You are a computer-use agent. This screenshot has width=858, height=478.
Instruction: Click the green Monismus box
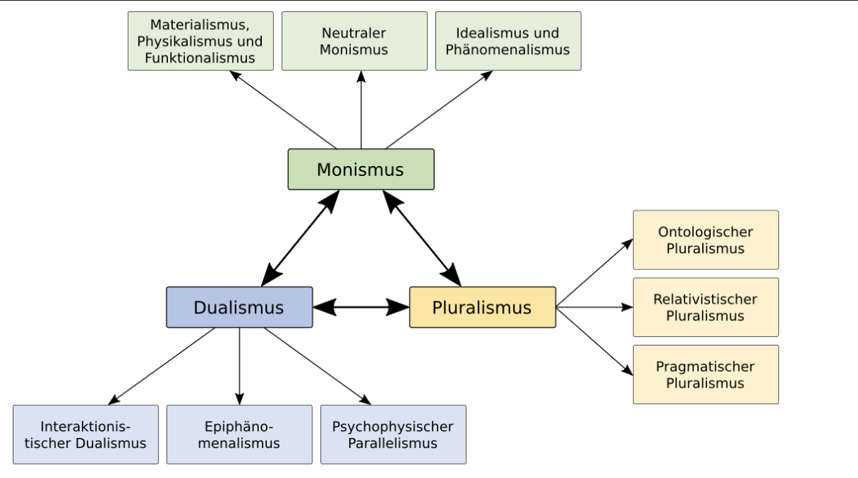361,170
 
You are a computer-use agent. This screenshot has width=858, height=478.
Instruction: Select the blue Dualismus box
239,307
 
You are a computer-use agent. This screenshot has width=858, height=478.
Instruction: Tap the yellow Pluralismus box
482,307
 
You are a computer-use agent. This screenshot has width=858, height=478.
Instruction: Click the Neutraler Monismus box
354,41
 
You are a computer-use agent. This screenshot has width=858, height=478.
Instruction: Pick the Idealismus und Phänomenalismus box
508,41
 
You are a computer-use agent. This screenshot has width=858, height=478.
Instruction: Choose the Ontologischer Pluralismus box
706,240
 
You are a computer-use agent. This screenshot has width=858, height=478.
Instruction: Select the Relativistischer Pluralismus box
706,307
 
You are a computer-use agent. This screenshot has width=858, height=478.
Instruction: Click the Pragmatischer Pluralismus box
706,375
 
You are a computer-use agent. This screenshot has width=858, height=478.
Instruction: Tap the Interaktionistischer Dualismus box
85,435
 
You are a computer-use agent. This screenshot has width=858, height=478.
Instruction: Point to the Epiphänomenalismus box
239,435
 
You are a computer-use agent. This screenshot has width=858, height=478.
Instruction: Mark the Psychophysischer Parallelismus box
393,435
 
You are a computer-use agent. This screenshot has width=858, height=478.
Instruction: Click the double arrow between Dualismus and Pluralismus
361,307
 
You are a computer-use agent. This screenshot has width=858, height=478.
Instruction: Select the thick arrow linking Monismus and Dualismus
300,238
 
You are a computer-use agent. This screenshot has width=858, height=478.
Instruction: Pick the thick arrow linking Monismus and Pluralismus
422,238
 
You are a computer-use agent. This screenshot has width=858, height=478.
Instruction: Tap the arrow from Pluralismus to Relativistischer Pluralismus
594,307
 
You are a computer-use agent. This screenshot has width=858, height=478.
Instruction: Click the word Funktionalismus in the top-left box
200,58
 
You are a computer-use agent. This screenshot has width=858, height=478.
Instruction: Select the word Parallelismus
393,443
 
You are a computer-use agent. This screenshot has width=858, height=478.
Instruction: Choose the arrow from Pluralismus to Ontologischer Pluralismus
594,274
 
